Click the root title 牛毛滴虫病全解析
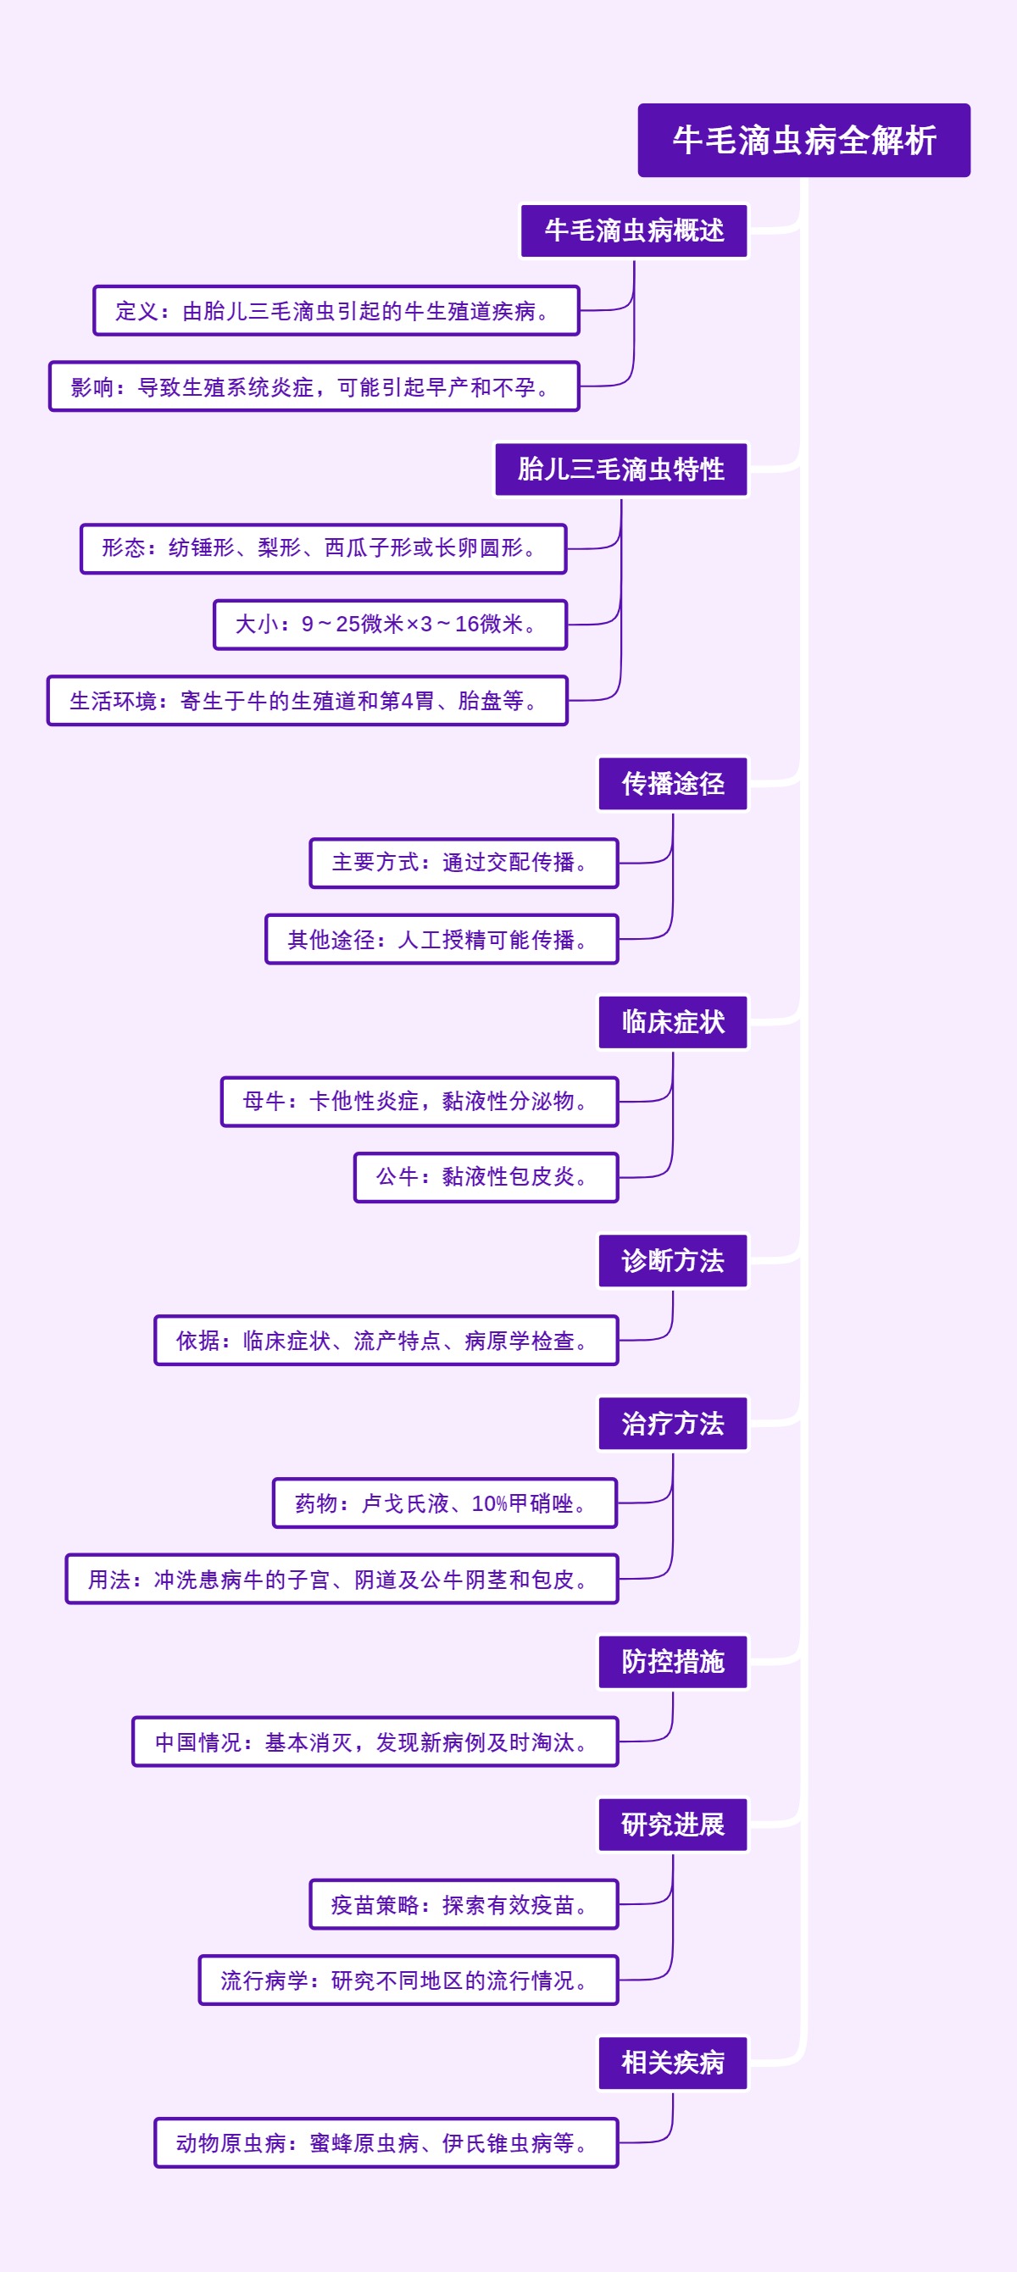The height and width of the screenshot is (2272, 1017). [803, 140]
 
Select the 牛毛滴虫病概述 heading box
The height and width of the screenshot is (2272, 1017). [633, 231]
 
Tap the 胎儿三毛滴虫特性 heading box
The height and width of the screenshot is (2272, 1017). [620, 469]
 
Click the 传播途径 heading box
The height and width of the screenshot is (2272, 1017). [672, 783]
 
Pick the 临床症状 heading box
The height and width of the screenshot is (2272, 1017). [672, 1022]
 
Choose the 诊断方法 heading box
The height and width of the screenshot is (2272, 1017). [672, 1260]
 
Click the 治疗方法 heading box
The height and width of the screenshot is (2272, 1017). [672, 1424]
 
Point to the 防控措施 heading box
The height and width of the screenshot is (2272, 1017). [672, 1662]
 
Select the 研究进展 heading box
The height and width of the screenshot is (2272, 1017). [672, 1825]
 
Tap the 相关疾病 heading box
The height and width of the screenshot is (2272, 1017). [672, 2063]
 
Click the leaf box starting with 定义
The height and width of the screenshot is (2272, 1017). [336, 310]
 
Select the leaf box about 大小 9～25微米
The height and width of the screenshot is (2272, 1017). [390, 625]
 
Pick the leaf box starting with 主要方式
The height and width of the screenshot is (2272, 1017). [463, 863]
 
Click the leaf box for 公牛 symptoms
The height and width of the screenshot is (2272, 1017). [486, 1176]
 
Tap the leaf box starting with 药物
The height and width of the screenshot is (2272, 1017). [445, 1503]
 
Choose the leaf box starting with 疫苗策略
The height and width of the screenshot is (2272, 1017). [463, 1904]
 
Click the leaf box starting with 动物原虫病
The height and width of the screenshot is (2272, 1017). [386, 2142]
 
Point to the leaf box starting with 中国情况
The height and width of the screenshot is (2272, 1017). [375, 1742]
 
